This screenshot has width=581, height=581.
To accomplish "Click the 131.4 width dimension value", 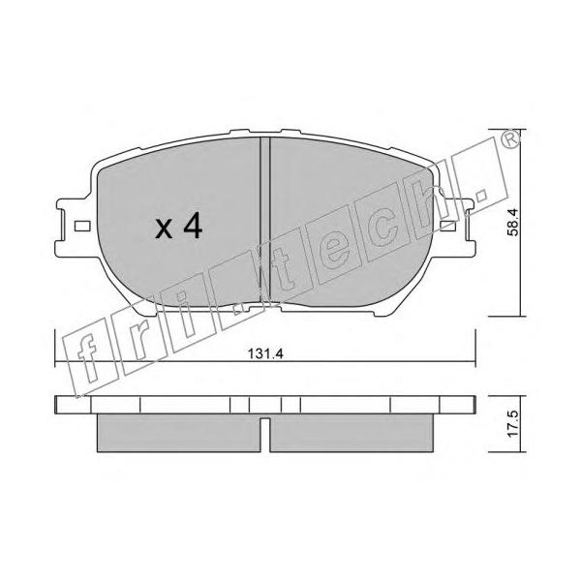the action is [x=265, y=353].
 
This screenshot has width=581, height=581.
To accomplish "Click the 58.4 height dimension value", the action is [x=514, y=222].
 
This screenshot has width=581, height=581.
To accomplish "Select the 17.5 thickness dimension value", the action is [x=514, y=423].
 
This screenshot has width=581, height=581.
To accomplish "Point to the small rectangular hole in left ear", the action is [x=82, y=226].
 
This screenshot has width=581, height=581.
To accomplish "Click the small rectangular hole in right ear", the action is [x=447, y=226].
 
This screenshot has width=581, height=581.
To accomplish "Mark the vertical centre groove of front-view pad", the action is [x=265, y=223].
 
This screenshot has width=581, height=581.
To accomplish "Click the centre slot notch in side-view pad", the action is [x=265, y=435].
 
